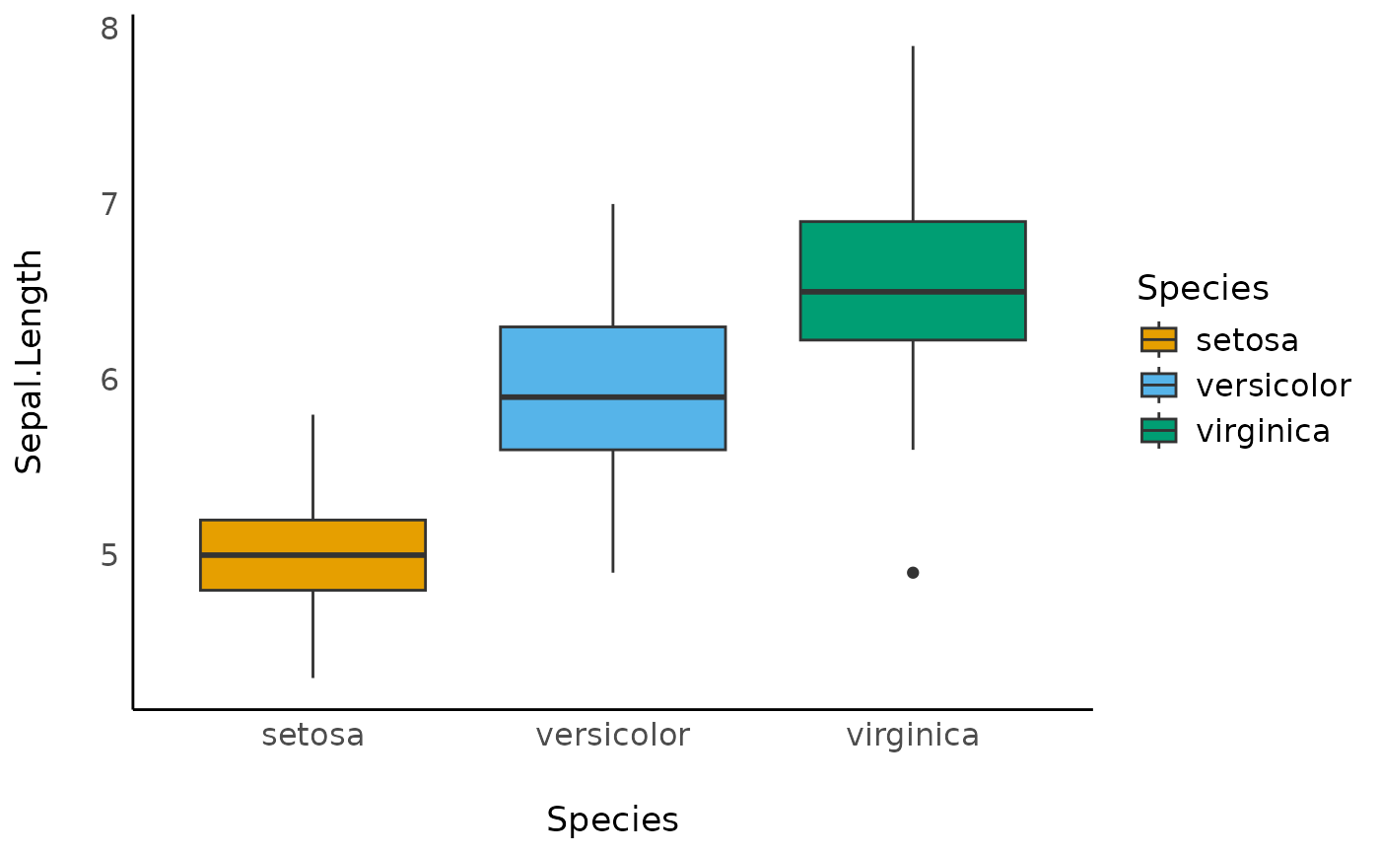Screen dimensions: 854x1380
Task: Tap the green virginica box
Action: (912, 256)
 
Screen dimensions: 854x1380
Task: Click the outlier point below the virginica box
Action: (913, 573)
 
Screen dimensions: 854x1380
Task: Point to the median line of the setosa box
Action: (312, 555)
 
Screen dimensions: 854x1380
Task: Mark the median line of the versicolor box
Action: (612, 397)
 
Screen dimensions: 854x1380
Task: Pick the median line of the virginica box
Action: (912, 292)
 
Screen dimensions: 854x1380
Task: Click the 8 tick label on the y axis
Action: (108, 29)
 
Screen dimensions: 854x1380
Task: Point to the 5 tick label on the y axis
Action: (108, 555)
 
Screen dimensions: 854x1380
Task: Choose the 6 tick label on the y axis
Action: (108, 380)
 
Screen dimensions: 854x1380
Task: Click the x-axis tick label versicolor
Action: (612, 736)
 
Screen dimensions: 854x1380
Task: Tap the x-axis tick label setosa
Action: (312, 736)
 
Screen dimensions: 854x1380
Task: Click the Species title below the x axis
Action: (612, 820)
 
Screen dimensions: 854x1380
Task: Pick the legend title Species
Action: (1202, 288)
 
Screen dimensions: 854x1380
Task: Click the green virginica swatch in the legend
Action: (1158, 431)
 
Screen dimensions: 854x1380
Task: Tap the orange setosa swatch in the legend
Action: (1158, 339)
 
